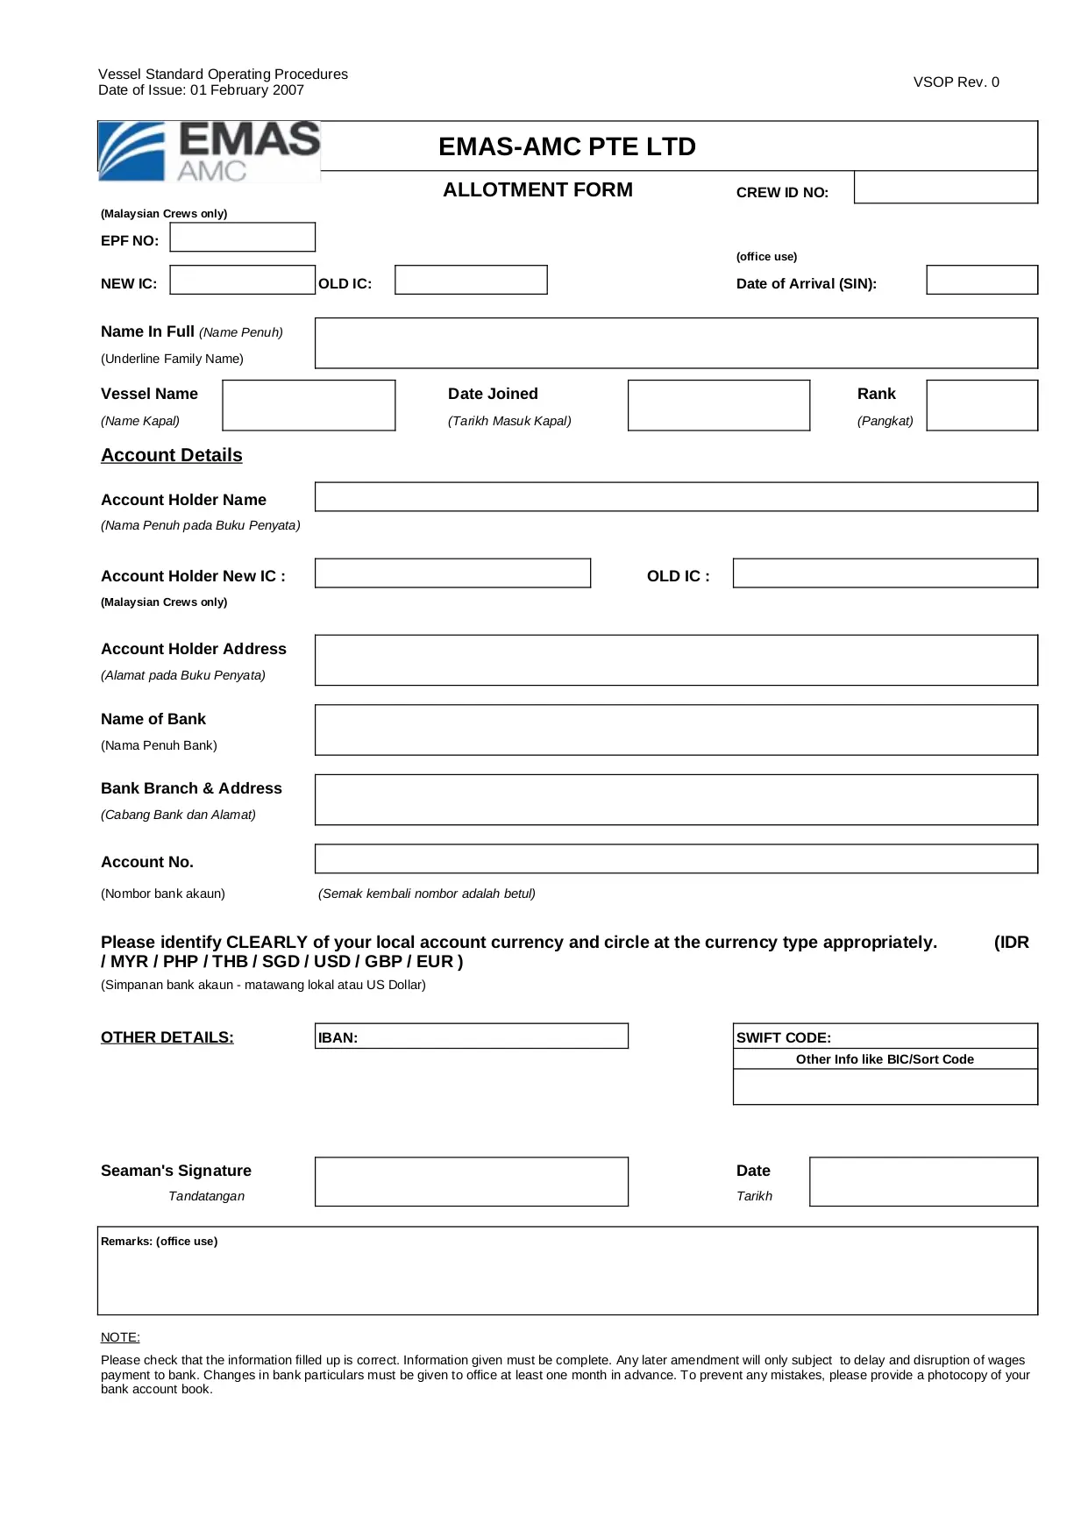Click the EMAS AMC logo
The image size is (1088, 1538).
coord(209,152)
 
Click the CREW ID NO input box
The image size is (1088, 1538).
coord(945,188)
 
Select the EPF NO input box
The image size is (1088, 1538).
coord(242,238)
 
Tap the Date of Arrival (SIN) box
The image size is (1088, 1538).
coord(981,281)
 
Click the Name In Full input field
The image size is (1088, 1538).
coord(676,343)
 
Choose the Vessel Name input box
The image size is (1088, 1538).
coord(309,405)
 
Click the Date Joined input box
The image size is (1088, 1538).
coord(718,405)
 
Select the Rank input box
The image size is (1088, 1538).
coord(981,405)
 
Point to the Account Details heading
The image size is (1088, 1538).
coord(172,455)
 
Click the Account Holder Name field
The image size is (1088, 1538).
coord(676,497)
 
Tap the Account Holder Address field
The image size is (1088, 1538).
coord(676,660)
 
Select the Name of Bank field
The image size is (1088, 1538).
coord(676,730)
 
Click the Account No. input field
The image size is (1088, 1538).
coord(676,859)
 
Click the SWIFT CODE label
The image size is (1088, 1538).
coord(784,1037)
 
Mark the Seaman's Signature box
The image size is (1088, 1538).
coord(472,1182)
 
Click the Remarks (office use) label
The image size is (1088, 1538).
coord(159,1242)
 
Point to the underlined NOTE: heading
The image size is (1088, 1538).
coord(120,1337)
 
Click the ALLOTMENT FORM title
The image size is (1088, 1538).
coord(537,190)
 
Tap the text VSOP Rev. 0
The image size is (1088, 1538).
coord(956,82)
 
